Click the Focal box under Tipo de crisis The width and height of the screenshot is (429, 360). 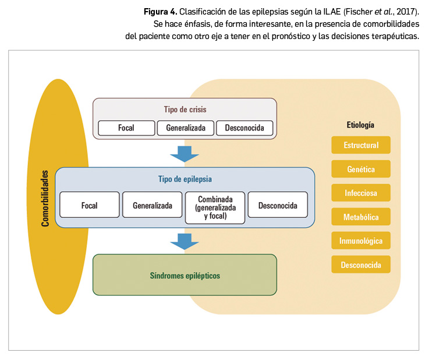[x=126, y=128]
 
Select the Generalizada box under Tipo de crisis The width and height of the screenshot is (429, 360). [x=186, y=128]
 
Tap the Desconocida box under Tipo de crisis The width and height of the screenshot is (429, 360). [x=244, y=128]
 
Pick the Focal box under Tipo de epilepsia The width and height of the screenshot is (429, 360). [x=90, y=205]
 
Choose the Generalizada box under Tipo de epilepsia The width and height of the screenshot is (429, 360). [x=153, y=205]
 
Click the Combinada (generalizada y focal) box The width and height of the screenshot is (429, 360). [x=215, y=208]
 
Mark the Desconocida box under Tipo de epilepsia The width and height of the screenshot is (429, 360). [x=278, y=205]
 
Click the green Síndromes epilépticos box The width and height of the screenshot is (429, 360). [x=185, y=275]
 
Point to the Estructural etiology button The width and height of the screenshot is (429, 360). [x=361, y=145]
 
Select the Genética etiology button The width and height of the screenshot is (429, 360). [x=361, y=170]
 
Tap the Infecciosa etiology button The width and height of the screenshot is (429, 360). [x=361, y=193]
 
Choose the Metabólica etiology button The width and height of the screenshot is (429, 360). [x=361, y=217]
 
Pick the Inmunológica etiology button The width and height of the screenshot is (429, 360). [x=361, y=241]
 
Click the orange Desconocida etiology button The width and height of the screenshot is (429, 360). [x=361, y=265]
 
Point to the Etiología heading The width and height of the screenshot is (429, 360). [x=360, y=125]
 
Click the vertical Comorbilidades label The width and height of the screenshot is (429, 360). [x=44, y=198]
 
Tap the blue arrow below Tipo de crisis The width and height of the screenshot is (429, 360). [x=185, y=154]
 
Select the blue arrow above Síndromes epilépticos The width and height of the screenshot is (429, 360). [x=185, y=241]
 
